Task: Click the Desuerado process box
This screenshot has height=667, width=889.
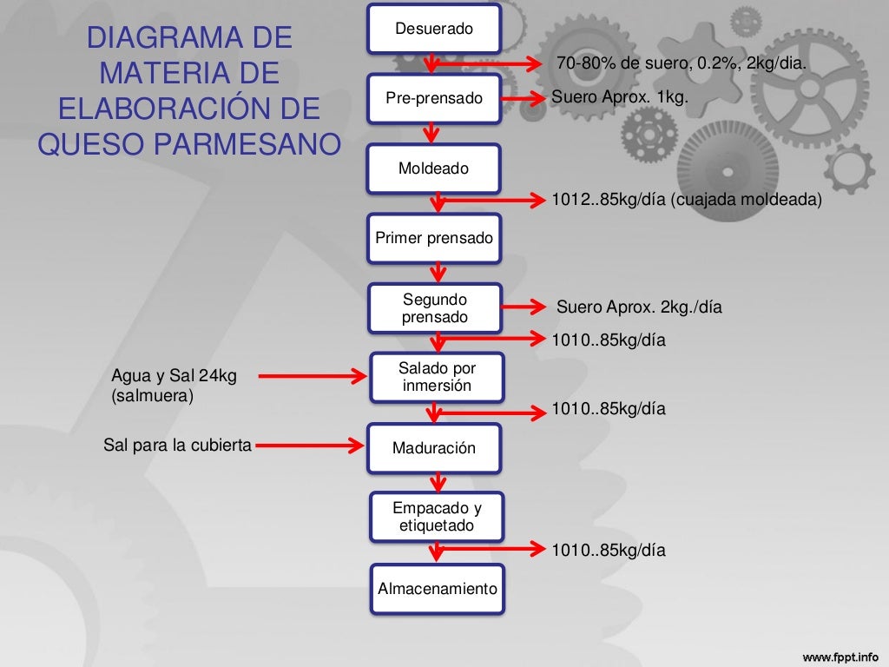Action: point(434,29)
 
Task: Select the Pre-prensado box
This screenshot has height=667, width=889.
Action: point(434,98)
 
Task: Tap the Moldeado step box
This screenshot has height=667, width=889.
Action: point(434,168)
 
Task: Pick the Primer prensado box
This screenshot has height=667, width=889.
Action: point(434,238)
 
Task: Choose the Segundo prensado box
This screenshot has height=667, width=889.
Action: point(434,308)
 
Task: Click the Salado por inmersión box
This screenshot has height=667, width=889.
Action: point(437,378)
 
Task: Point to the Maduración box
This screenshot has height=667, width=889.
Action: point(434,448)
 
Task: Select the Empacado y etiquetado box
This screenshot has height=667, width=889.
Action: point(437,518)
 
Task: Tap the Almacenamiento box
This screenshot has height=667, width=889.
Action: point(438,589)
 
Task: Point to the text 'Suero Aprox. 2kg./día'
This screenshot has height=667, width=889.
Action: point(639,307)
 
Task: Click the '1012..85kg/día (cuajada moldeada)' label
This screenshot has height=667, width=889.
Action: point(686,201)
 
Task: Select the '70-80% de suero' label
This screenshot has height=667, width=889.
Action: point(681,63)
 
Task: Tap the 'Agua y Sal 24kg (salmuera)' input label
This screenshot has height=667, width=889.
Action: point(174,386)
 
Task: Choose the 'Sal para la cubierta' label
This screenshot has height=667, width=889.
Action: point(177,446)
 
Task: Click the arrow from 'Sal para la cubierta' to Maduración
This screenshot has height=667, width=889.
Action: point(308,446)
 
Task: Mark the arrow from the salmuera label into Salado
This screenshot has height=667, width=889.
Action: point(313,376)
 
